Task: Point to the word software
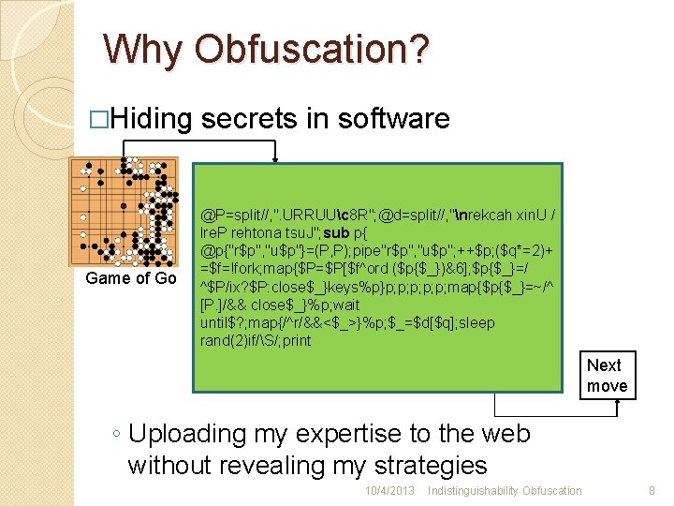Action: click(394, 119)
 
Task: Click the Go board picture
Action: click(125, 212)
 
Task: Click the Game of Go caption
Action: click(130, 278)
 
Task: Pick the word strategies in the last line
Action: click(430, 465)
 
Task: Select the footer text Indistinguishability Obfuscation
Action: click(504, 491)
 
